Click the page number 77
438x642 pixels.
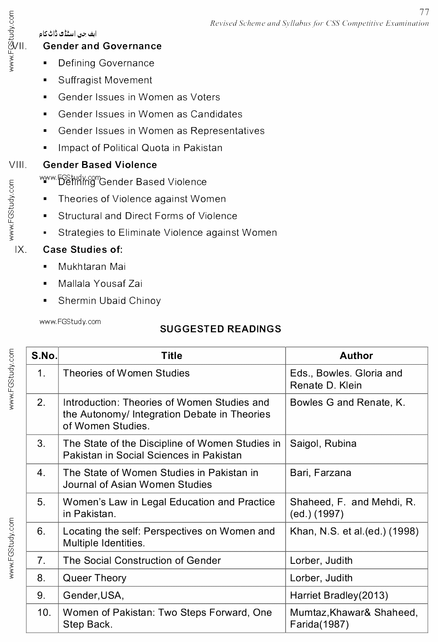tap(424, 12)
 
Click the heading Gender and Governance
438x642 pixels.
tap(102, 46)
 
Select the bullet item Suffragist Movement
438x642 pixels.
tap(105, 80)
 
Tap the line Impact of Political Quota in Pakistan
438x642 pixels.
tap(140, 148)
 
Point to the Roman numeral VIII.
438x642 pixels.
tap(18, 165)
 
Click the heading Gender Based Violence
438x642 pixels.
tap(100, 165)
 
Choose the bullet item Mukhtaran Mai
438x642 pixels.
tap(92, 267)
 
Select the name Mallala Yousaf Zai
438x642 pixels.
tap(100, 284)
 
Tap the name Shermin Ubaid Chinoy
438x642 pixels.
tap(110, 301)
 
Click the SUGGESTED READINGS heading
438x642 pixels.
tap(221, 329)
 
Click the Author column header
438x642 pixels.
tap(356, 356)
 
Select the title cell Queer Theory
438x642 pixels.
tap(95, 578)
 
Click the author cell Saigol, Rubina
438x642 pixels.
tap(323, 444)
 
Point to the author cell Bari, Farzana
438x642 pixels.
tap(321, 473)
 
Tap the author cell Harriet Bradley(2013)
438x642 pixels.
tap(339, 596)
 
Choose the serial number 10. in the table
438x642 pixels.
tap(44, 613)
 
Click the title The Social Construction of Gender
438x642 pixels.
tap(142, 561)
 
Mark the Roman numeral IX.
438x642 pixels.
tap(21, 250)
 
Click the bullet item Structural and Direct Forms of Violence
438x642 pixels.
tap(148, 216)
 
